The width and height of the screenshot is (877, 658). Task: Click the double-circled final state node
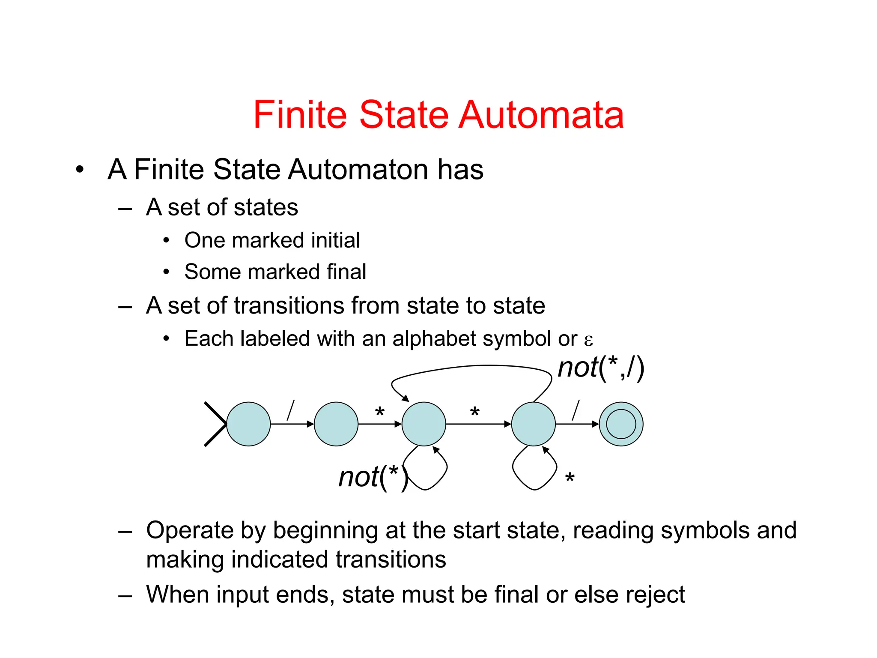pyautogui.click(x=621, y=424)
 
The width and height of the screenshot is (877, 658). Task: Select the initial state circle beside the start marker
pyautogui.click(x=248, y=424)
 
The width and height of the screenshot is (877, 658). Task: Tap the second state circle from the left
pyautogui.click(x=336, y=424)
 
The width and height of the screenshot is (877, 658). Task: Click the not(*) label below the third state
pyautogui.click(x=373, y=477)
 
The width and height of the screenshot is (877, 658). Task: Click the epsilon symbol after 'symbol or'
pyautogui.click(x=588, y=340)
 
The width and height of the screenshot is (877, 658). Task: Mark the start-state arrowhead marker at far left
pyautogui.click(x=215, y=424)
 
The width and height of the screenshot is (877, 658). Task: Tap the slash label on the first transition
pyautogui.click(x=291, y=410)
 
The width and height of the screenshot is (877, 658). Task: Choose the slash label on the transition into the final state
pyautogui.click(x=576, y=410)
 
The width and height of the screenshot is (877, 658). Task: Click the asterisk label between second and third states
pyautogui.click(x=379, y=413)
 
